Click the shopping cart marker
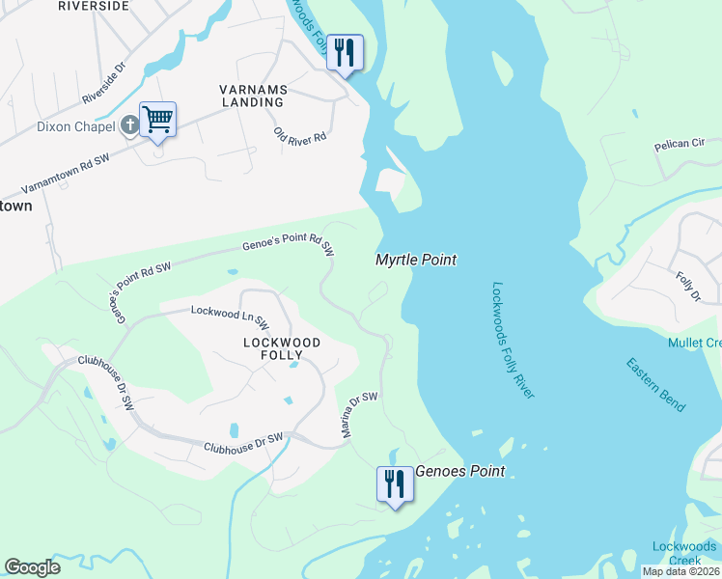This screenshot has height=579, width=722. pos(157,121)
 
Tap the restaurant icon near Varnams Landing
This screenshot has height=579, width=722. pos(345,52)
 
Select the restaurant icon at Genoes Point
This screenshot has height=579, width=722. pos(394,483)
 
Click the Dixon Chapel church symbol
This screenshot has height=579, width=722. pos(130,125)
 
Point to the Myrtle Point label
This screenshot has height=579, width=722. pos(415,260)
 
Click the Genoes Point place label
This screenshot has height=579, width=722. pos(460,472)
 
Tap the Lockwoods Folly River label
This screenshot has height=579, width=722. pos(514,340)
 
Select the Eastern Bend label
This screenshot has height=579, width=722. pos(656,384)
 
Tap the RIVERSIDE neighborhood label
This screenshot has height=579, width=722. pos(94,6)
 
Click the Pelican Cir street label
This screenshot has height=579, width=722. pos(680,144)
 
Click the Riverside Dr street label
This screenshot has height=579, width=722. pos(104,84)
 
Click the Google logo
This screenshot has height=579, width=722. pos(33,567)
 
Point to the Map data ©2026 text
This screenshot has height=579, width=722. pos(680,571)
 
